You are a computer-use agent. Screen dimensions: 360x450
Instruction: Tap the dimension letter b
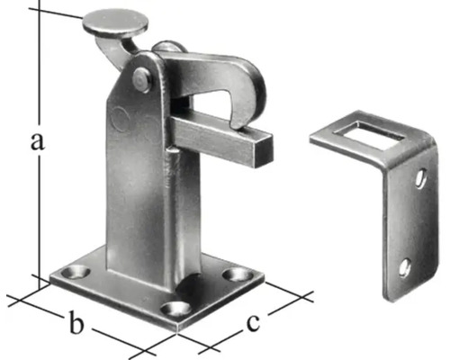click(x=78, y=320)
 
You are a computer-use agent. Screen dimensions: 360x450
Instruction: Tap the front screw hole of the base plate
click(x=175, y=309)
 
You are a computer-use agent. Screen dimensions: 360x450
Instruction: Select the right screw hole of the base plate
click(x=237, y=274)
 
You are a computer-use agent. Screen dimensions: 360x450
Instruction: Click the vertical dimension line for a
click(x=39, y=90)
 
